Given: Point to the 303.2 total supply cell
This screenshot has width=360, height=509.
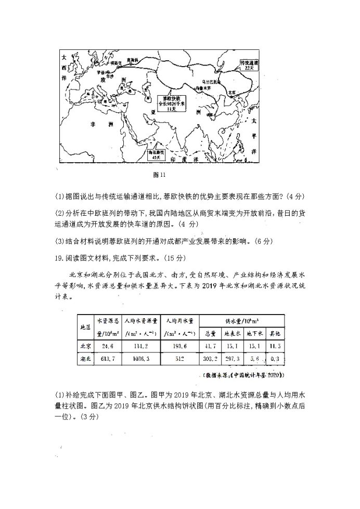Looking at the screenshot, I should pyautogui.click(x=210, y=358).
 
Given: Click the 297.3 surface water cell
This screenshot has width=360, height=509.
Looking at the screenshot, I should pyautogui.click(x=232, y=358).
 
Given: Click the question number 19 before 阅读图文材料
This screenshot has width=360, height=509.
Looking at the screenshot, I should pyautogui.click(x=59, y=257).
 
